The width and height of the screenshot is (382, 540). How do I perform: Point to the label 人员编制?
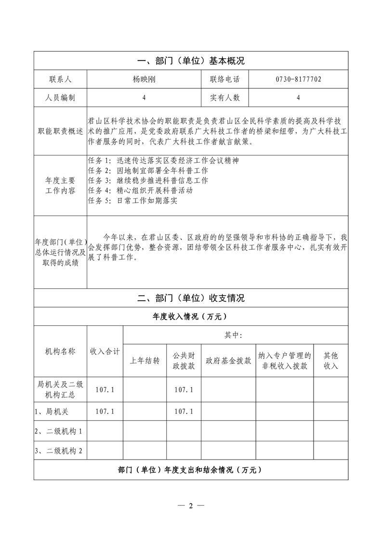tap(60, 98)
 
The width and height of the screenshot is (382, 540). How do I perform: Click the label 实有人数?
tap(224, 98)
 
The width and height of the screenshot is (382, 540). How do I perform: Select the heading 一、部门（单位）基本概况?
tap(191, 61)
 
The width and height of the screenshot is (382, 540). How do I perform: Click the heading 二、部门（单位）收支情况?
tap(191, 298)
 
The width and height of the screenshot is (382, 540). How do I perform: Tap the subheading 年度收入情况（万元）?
tap(191, 317)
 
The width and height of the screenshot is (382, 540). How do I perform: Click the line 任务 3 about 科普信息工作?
tap(148, 180)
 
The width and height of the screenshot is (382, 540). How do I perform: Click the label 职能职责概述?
tap(60, 131)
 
